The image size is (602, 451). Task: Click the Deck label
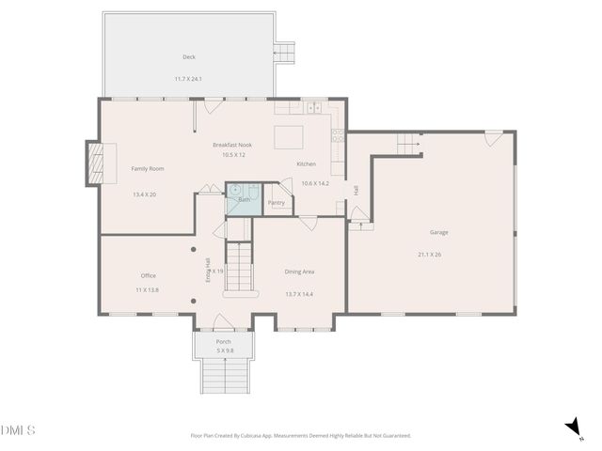pos(189,57)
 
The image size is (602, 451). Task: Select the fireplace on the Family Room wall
pos(95,163)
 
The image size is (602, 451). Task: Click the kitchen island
pos(289,137)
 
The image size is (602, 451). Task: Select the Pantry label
pos(277,202)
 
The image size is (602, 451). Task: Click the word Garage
pos(439,232)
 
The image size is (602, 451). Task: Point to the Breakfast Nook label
pos(232,145)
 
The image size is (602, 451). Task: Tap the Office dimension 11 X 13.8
pos(148,290)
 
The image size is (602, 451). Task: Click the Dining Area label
pos(299,272)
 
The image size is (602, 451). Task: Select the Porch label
pos(224,341)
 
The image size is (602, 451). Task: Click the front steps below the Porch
pos(224,377)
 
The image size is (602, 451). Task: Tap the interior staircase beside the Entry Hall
pos(242,266)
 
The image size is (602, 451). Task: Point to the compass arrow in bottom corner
pos(572,428)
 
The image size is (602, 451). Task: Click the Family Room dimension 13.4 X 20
pos(144,194)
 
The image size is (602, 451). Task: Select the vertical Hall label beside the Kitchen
pos(356,190)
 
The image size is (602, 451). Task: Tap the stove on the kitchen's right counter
pos(338,138)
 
